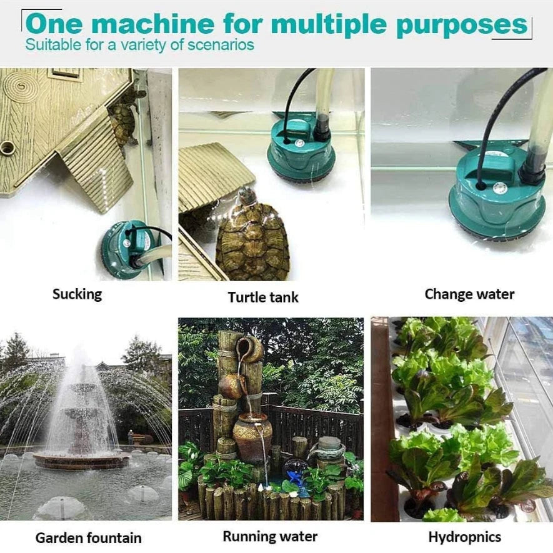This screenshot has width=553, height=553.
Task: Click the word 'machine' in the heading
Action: pos(154,24)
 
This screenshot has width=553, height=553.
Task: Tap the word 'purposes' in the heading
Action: pos(462,26)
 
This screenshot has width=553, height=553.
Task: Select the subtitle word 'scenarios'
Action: pos(221,45)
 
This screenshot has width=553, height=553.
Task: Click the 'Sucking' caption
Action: pos(77,294)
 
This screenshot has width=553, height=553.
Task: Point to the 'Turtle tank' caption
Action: pos(263,297)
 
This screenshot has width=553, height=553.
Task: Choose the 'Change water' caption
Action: pos(469,294)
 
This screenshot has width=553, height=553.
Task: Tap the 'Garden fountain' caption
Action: pos(89,538)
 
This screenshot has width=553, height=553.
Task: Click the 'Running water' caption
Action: pos(270,536)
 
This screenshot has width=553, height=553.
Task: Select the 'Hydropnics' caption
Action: pos(465,537)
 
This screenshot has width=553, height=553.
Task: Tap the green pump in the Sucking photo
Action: pos(129,249)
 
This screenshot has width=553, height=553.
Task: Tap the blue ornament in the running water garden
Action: pos(295,477)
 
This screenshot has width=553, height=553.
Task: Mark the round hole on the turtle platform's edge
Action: pos(6,148)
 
